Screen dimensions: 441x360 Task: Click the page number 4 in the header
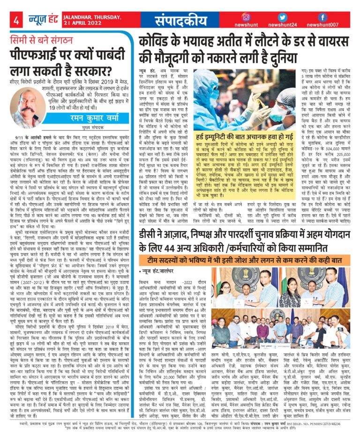[16, 21]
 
